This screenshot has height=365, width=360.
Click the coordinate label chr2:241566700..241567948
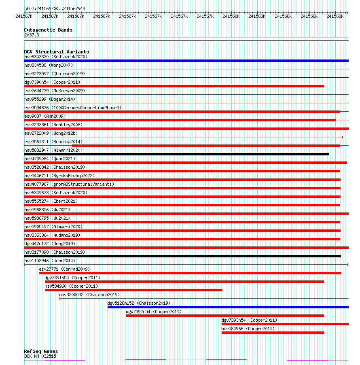click(x=55, y=8)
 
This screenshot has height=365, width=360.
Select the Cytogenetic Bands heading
click(x=48, y=30)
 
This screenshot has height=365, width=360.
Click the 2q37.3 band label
click(x=32, y=35)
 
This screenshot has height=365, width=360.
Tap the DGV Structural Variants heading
click(x=56, y=52)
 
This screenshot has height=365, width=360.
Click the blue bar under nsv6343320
click(x=186, y=61)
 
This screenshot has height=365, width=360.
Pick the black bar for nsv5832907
click(x=176, y=154)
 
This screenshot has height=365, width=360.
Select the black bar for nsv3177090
click(x=182, y=256)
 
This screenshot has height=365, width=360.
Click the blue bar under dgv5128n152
click(x=228, y=307)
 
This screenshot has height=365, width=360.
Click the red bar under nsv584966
click(x=273, y=333)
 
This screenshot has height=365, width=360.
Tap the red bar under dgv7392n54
click(x=225, y=316)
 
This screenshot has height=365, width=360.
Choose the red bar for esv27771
click(x=190, y=273)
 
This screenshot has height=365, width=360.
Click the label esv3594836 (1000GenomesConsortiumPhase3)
click(x=72, y=108)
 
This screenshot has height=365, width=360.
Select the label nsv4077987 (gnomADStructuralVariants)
click(x=69, y=184)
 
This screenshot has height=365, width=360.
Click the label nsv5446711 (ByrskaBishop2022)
click(x=59, y=176)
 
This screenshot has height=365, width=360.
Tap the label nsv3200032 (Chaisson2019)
click(x=89, y=295)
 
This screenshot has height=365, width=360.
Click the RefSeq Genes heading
click(x=41, y=351)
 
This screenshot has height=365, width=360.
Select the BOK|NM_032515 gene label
click(x=40, y=356)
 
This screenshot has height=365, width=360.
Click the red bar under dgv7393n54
click(x=285, y=324)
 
